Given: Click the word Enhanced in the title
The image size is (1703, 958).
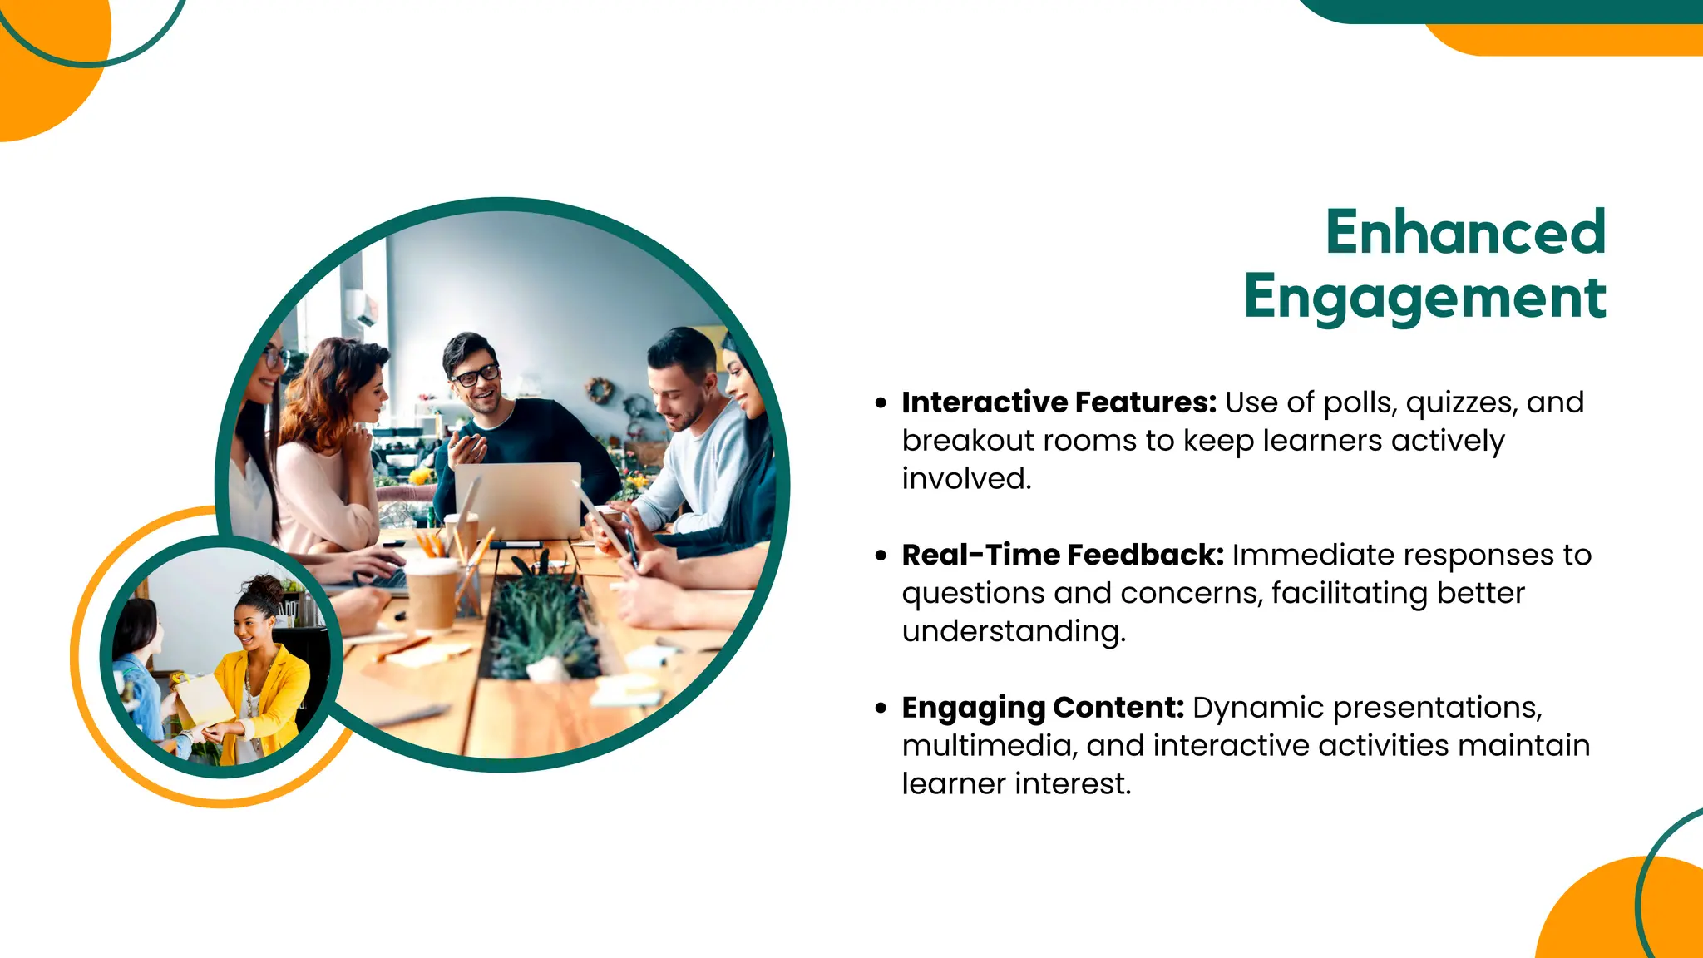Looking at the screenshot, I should (1465, 232).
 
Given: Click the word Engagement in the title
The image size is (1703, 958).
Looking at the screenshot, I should (1424, 297).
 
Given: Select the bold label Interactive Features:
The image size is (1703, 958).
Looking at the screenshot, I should (1059, 402).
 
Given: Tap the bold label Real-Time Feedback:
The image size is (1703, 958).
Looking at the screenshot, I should (1063, 555).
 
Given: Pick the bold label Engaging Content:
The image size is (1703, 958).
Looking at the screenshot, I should (1043, 708).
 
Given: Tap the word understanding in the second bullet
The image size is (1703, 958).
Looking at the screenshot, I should (1013, 632).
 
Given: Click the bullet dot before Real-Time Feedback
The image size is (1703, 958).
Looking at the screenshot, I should (881, 556).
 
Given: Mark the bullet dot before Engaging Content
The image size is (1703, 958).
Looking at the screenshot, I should (881, 709).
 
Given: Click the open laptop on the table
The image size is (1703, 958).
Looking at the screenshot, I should (517, 500).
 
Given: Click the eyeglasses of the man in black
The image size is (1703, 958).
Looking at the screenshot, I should (476, 376).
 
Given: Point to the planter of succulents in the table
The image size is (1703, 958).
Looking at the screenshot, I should (541, 624).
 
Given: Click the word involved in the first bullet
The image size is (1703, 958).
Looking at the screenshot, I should (965, 479).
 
